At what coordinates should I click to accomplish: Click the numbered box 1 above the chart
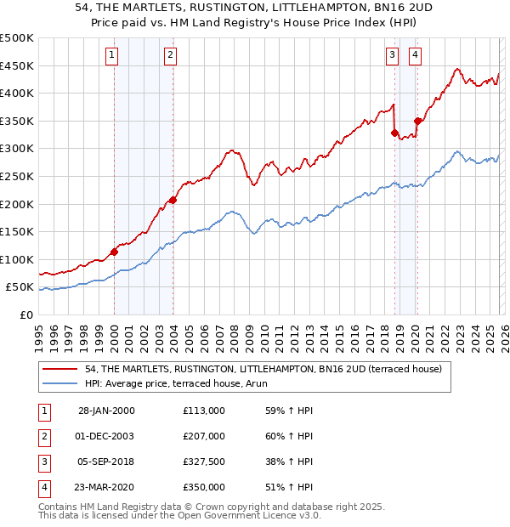pos(112,56)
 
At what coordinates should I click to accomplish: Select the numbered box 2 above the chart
pos(170,56)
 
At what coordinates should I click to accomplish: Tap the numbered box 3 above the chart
pos(392,56)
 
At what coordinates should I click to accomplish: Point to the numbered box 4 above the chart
pos(415,56)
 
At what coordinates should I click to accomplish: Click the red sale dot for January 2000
pos(114,252)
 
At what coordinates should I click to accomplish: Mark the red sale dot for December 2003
pos(173,200)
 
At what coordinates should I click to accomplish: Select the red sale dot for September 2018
pos(394,133)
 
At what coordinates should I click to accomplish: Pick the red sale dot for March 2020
pos(417,121)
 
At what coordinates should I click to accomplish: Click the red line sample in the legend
pos(61,370)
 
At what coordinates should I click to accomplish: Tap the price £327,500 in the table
pos(203,462)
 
